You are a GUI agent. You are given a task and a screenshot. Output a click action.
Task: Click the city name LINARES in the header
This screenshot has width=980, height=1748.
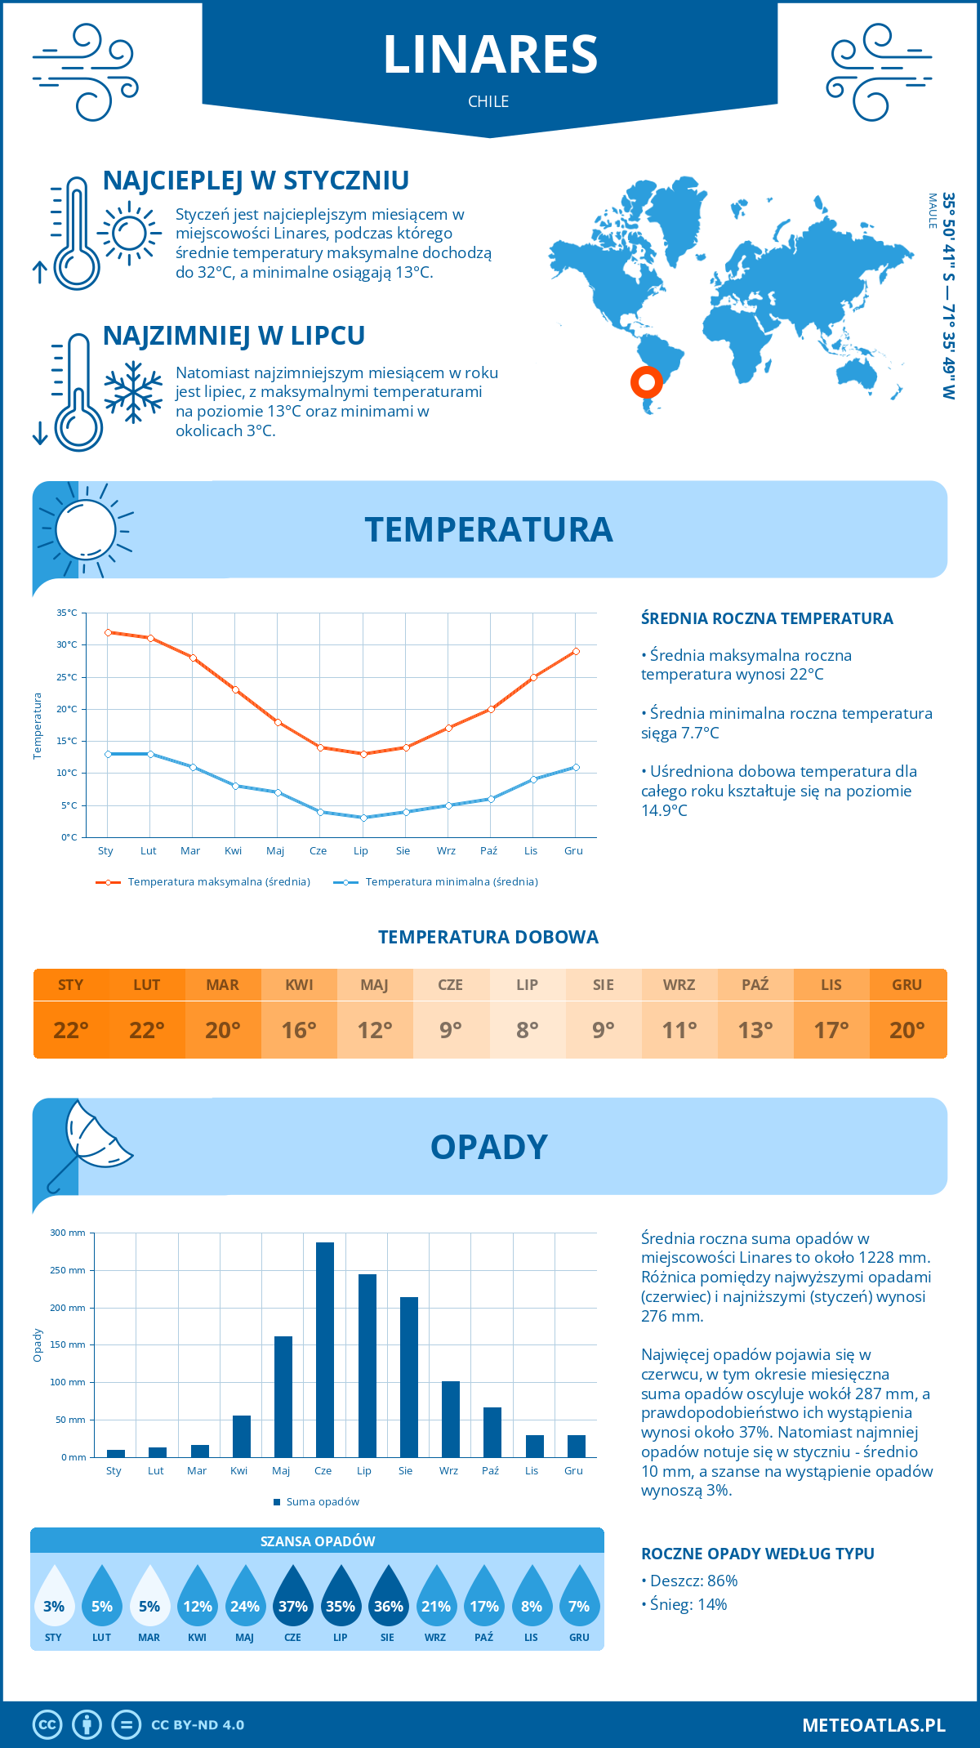[x=490, y=55]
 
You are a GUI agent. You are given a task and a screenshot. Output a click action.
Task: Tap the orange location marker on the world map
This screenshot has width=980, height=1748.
[x=646, y=381]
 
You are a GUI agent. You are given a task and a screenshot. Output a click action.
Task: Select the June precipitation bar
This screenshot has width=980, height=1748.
[x=325, y=1349]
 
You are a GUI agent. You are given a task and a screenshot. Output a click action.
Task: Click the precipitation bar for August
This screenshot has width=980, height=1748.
[x=408, y=1377]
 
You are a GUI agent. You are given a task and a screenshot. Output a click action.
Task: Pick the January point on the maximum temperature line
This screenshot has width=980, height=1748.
[x=108, y=632]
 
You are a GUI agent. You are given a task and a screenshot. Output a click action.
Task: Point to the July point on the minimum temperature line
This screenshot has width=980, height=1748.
[x=363, y=818]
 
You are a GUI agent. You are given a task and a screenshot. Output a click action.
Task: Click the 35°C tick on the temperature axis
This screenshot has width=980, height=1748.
[x=67, y=613]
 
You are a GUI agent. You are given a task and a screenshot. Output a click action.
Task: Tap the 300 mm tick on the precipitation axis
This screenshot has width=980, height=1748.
[x=69, y=1233]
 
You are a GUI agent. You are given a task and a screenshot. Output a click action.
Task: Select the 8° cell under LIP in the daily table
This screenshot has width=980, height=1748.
[x=527, y=1030]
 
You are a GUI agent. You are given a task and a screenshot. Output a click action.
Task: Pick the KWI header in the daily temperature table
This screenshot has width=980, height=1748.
[x=299, y=985]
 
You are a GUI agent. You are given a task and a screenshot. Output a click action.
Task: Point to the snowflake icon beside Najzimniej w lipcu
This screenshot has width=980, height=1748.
[x=133, y=392]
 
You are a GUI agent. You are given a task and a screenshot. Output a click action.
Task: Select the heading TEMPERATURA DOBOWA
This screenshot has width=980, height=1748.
[x=488, y=937]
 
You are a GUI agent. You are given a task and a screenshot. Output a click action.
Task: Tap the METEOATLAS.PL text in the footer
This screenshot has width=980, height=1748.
[x=873, y=1725]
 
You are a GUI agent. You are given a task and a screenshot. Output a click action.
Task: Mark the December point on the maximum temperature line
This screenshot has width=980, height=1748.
[x=576, y=651]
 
